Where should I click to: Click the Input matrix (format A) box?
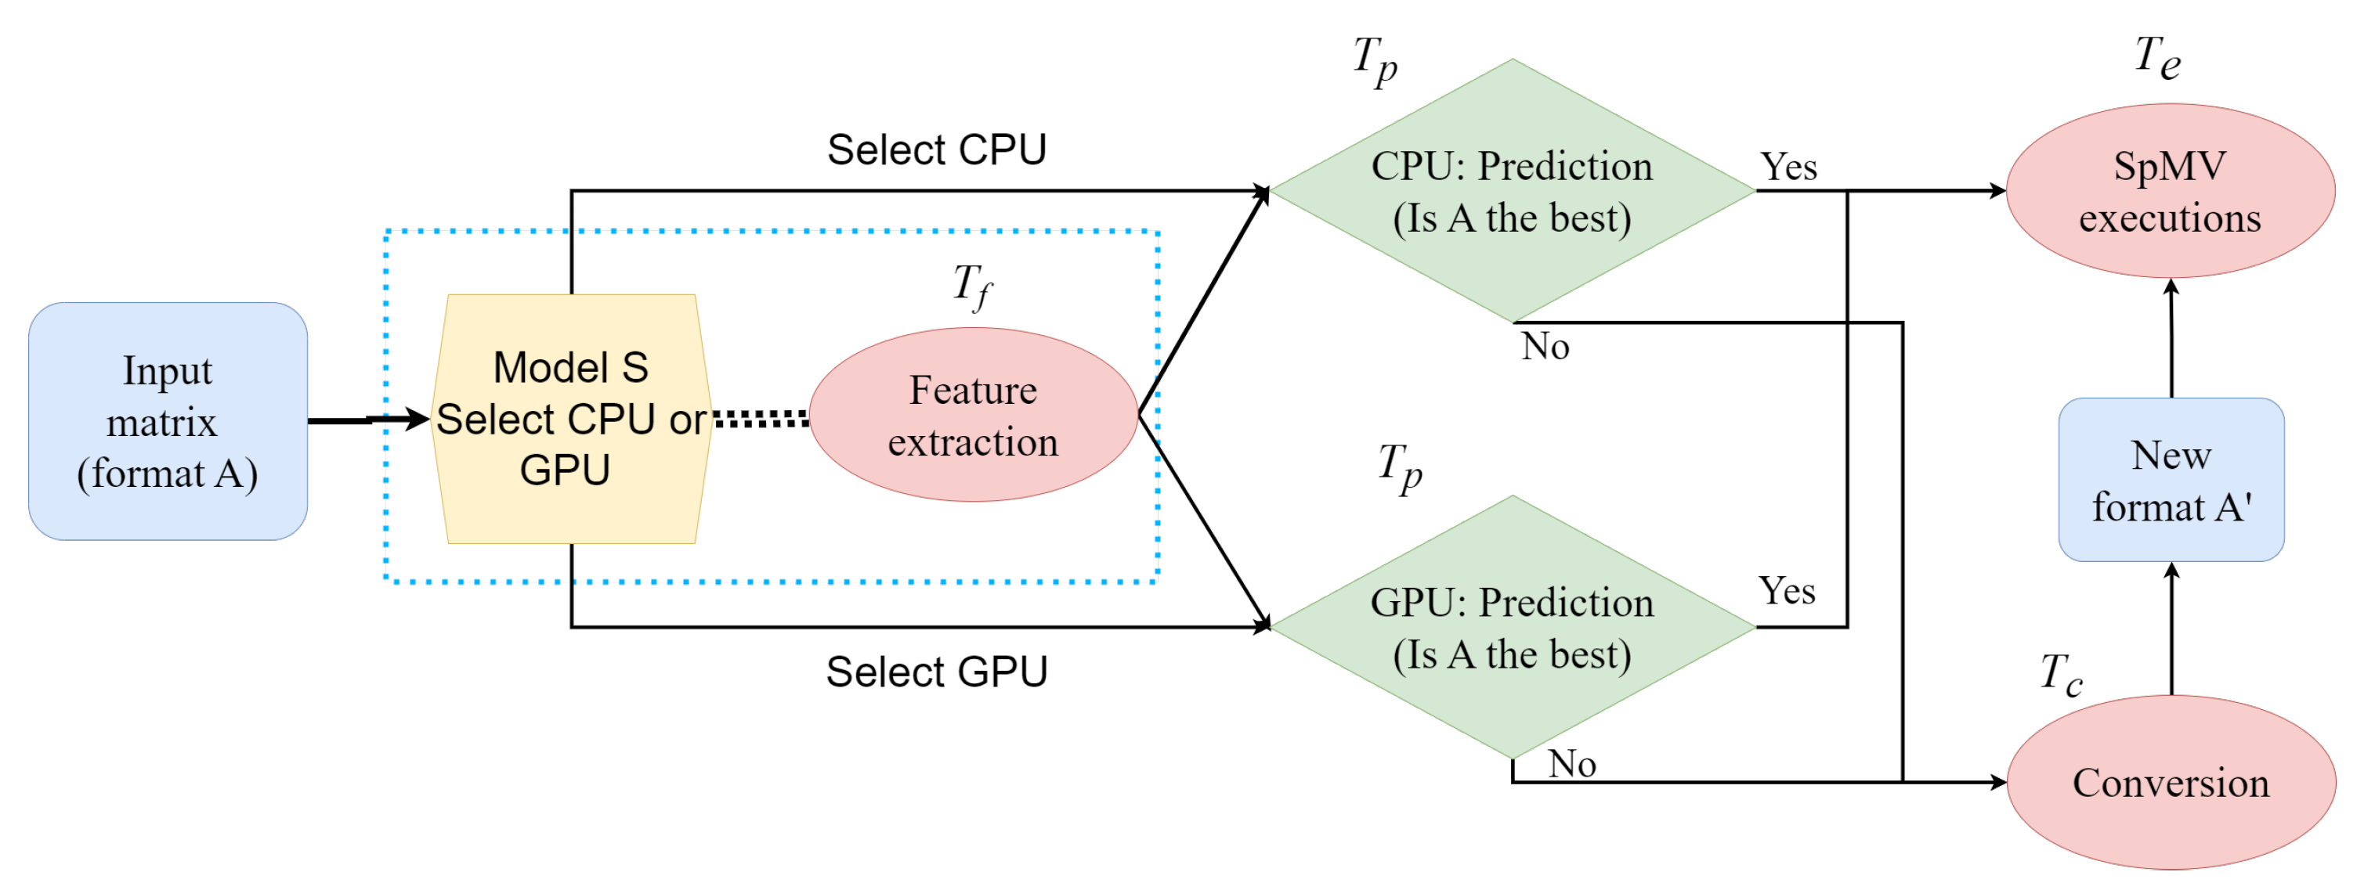[168, 421]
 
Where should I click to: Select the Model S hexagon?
[571, 419]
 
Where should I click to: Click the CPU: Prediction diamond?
[1512, 191]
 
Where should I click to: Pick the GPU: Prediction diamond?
[1512, 628]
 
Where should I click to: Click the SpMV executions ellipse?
[2170, 191]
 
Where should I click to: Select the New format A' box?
[2171, 480]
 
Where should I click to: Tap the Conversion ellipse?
[2171, 783]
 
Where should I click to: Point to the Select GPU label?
[936, 672]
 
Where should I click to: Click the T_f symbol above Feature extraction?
[972, 286]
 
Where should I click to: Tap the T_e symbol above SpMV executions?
[2157, 58]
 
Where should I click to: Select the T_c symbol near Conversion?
[2061, 675]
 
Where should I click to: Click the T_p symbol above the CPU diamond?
[1374, 60]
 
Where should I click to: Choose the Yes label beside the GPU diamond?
[1786, 591]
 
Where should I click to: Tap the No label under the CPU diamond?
[1545, 347]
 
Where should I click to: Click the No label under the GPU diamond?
[1572, 764]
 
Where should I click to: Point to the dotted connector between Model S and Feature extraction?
[761, 419]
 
